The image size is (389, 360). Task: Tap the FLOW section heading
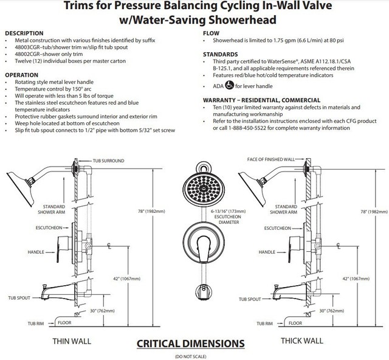[x=211, y=33]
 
